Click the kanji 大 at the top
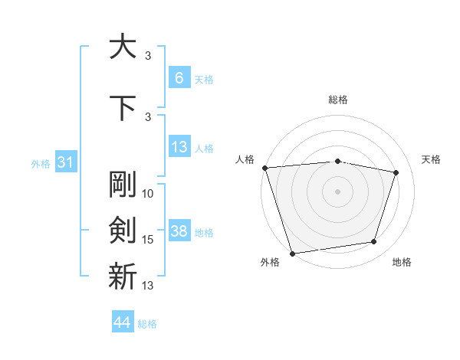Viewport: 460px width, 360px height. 123,47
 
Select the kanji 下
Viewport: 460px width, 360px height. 123,107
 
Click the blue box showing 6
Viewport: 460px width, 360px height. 179,78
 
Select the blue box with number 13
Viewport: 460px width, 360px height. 179,147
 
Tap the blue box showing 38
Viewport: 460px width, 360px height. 179,231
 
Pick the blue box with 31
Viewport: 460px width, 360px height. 65,162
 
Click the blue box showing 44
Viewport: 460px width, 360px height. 123,322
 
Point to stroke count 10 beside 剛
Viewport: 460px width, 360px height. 148,194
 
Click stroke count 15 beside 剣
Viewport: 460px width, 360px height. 148,240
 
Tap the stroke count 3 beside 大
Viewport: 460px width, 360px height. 148,56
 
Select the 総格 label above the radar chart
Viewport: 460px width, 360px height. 338,100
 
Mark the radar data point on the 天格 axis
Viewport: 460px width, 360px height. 396,172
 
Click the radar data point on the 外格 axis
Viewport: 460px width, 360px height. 292,253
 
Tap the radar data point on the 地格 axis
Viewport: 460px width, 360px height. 374,242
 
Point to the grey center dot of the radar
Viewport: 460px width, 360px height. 337,191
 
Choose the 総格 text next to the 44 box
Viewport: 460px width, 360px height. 147,324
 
